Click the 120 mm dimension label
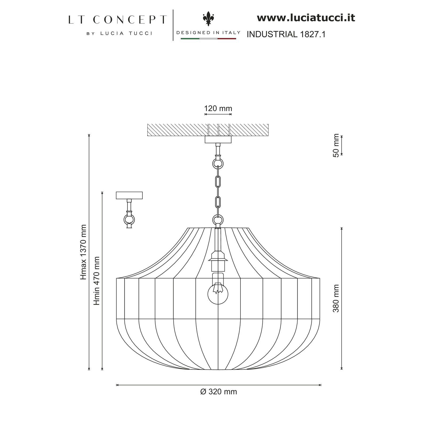coord(218,109)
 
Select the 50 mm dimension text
coord(336,145)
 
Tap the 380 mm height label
coord(336,298)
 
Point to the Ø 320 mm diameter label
coord(219,392)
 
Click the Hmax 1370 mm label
coord(84,252)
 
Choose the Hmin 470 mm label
coord(97,281)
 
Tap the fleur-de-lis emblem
coord(208,19)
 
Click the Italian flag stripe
coord(208,38)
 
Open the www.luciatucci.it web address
coord(306,18)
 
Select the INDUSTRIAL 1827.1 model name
coord(286,34)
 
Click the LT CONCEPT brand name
coord(117,20)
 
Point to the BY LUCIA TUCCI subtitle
coord(119,33)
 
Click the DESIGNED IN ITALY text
coord(208,33)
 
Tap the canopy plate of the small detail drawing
coord(129,195)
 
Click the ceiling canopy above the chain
coord(218,140)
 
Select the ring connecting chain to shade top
coord(218,220)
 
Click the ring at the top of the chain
coord(218,163)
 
